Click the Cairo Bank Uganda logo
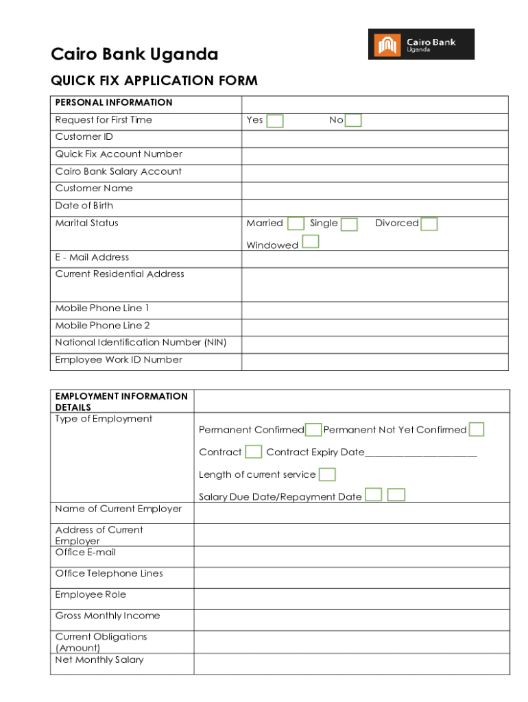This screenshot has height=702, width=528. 421,44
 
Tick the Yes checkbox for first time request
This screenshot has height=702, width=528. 275,121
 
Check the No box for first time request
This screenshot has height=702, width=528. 353,121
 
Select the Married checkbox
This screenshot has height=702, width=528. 296,224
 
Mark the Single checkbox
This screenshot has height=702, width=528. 349,225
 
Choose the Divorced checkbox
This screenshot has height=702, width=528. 429,224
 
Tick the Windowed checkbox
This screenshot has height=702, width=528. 311,241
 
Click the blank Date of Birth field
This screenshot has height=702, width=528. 374,207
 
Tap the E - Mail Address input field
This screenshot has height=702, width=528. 374,258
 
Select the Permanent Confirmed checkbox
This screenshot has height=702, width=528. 313,430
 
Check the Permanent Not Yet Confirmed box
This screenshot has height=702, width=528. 477,430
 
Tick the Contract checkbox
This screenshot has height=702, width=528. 254,452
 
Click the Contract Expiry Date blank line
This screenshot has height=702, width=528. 421,454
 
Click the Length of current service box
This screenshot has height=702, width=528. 328,474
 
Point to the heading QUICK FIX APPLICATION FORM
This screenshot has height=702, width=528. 154,81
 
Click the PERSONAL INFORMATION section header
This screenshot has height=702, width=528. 114,103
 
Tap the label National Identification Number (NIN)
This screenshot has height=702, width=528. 141,343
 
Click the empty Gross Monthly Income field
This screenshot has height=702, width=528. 352,620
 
